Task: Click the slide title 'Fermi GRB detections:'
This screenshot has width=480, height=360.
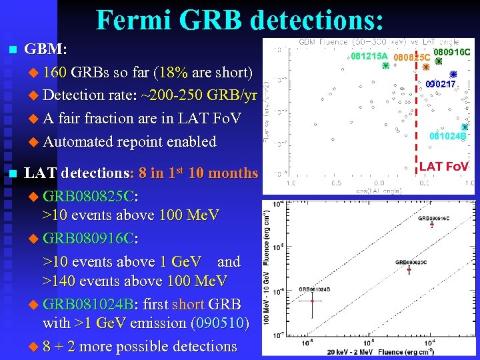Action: pyautogui.click(x=240, y=20)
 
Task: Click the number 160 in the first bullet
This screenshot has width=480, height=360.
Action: pyautogui.click(x=55, y=72)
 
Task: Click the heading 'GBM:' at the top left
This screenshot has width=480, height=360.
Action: pyautogui.click(x=45, y=49)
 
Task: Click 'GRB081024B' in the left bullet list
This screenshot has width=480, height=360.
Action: pyautogui.click(x=87, y=305)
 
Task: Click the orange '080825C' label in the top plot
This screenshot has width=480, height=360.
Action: pyautogui.click(x=411, y=58)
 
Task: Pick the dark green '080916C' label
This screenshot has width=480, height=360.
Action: pyautogui.click(x=452, y=52)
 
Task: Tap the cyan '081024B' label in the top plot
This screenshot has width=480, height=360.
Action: pyautogui.click(x=447, y=136)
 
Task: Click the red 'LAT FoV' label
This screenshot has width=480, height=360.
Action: pyautogui.click(x=444, y=166)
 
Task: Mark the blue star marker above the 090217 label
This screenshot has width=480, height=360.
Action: pyautogui.click(x=453, y=74)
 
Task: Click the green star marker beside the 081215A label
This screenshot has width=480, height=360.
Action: pyautogui.click(x=385, y=67)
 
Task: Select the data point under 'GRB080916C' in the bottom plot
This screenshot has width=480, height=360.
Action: pyautogui.click(x=432, y=225)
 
